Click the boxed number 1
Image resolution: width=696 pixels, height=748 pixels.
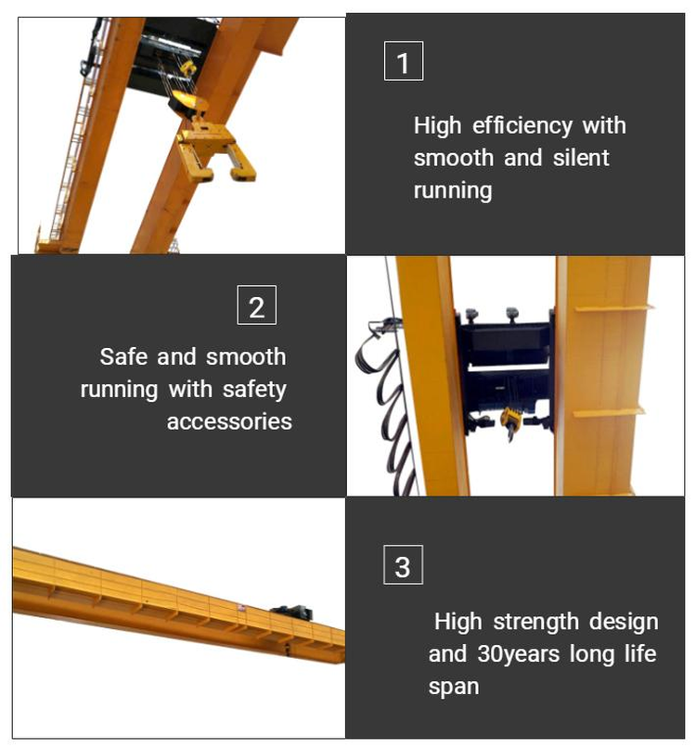click(x=403, y=63)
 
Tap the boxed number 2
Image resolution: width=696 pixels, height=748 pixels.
click(x=257, y=306)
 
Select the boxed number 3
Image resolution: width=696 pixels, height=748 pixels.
click(x=403, y=566)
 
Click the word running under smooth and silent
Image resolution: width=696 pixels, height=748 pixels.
click(x=452, y=190)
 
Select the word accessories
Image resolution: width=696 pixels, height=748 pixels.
click(x=229, y=421)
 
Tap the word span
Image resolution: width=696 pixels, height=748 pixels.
click(x=454, y=687)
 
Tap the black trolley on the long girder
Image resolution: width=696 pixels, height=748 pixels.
click(x=290, y=612)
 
